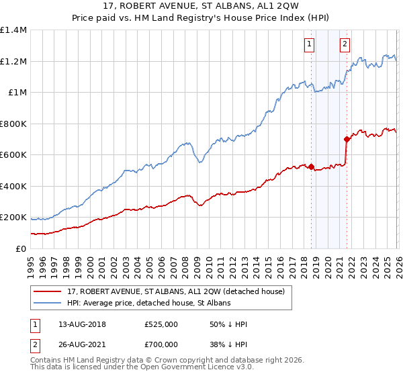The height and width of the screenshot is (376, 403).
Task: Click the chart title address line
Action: tap(201, 7)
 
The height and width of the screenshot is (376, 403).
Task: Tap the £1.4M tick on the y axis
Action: tap(13, 30)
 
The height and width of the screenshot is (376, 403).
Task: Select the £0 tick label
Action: tap(21, 248)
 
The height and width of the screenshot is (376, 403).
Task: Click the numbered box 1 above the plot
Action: tap(309, 45)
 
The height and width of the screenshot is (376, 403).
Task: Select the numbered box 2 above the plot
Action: tap(345, 45)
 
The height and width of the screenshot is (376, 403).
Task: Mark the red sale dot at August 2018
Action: tap(312, 167)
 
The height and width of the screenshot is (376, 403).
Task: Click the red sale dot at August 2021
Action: tap(347, 140)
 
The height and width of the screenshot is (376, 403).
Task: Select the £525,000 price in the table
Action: tap(161, 325)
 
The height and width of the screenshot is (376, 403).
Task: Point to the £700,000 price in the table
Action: tap(161, 344)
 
